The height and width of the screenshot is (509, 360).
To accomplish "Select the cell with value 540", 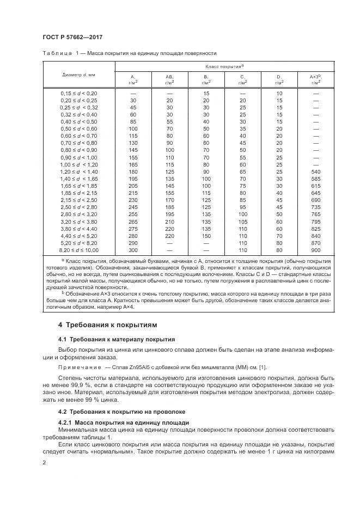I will coord(315,171).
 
